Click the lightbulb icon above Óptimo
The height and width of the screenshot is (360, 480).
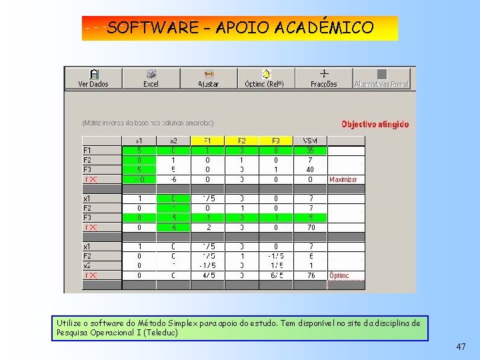[265, 73]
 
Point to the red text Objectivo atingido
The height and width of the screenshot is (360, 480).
[375, 124]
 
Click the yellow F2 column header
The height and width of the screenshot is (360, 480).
[241, 141]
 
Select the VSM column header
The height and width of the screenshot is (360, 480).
[309, 141]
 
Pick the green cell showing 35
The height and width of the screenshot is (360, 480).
[309, 151]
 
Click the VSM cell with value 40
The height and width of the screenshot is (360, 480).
[309, 169]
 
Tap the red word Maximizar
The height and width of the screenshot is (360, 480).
[343, 179]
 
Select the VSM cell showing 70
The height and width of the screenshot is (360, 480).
[309, 227]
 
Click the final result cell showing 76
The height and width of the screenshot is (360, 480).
[309, 275]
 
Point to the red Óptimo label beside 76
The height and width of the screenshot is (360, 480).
[339, 275]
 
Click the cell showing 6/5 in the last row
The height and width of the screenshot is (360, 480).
[275, 275]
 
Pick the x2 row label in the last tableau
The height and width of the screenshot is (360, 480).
[87, 266]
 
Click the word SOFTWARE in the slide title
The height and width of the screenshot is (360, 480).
[153, 28]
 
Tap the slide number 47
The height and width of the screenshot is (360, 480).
[461, 347]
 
